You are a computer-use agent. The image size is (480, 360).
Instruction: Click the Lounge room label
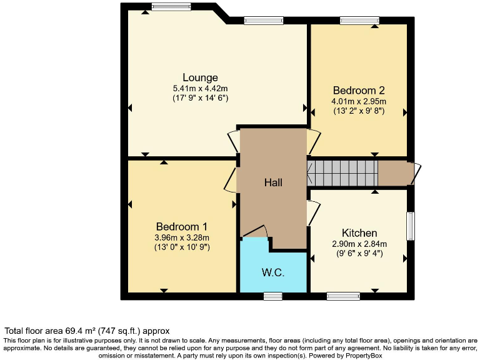[200, 77]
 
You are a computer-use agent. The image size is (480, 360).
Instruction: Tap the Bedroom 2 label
[359, 89]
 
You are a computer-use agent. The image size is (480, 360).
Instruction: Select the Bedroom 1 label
[182, 226]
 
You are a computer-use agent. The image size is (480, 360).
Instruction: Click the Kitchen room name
[359, 233]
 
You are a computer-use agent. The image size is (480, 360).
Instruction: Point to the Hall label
[273, 182]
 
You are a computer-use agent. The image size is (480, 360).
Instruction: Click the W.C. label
[273, 272]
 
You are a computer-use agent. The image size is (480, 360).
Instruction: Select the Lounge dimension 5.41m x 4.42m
[200, 88]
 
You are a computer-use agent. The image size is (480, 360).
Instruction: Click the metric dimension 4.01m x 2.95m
[359, 101]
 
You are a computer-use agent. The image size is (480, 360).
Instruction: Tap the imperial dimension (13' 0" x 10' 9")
[182, 247]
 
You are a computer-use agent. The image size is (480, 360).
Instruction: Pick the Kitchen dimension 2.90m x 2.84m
[359, 244]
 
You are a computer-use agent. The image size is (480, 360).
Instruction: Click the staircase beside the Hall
[342, 173]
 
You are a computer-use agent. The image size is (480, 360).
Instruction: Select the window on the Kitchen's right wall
[411, 226]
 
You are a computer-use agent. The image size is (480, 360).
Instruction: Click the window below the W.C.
[272, 296]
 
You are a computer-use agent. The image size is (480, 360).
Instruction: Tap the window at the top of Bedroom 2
[359, 21]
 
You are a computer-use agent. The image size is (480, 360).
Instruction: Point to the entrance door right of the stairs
[416, 174]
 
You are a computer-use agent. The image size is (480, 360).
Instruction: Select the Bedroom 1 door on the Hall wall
[230, 180]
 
